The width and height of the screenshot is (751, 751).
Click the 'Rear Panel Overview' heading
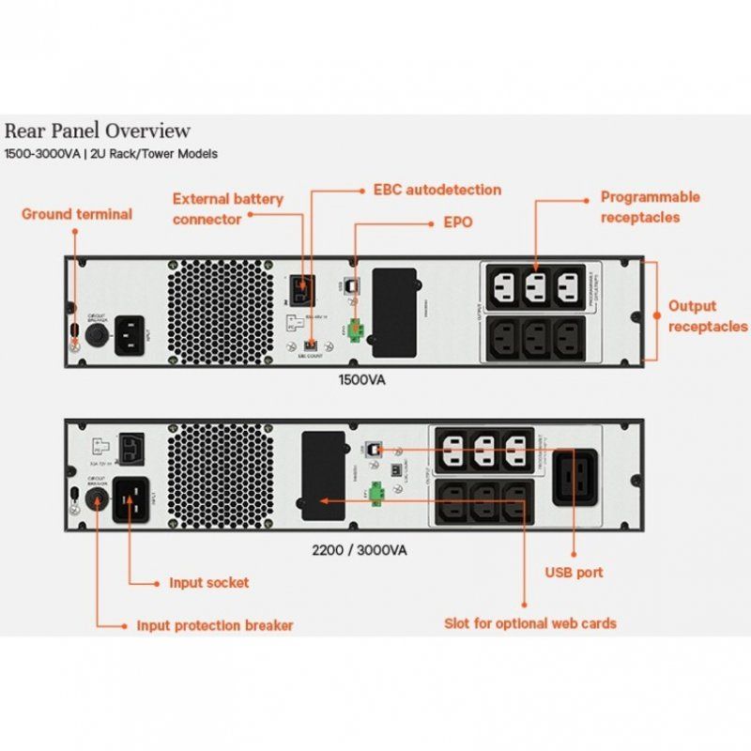pos(98,130)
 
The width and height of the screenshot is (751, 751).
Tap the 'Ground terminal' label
pos(77,214)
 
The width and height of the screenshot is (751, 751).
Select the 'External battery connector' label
pos(227,208)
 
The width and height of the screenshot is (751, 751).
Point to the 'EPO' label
pos(457,223)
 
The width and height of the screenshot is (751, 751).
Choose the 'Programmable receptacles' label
pos(650,207)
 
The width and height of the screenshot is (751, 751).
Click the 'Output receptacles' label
pos(707,316)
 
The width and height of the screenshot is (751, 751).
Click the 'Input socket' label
pos(208,582)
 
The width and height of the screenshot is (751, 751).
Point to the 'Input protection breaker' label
pos(215,625)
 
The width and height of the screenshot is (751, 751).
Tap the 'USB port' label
pos(574,572)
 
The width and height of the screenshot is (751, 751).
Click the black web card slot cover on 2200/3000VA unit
pos(323,476)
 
